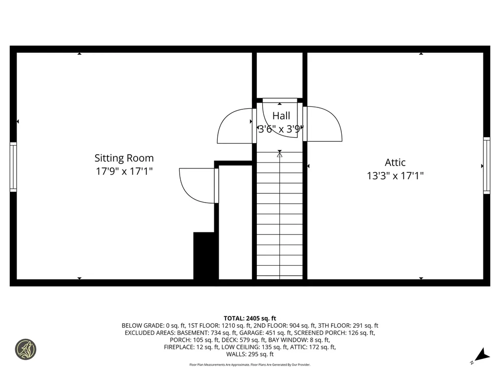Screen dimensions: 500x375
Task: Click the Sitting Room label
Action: point(124,158)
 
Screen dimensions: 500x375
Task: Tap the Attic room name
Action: point(395,162)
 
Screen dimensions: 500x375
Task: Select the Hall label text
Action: point(281,115)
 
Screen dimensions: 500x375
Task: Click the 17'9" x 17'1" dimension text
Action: point(124,171)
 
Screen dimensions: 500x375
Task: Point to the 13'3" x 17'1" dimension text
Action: point(395,176)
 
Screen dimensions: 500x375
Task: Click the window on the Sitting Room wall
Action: point(13,167)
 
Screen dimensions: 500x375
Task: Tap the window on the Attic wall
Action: point(487,165)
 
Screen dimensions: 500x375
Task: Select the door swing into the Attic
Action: point(322,124)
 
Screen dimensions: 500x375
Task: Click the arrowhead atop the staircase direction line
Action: point(280,155)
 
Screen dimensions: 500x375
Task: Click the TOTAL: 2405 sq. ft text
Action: point(250,318)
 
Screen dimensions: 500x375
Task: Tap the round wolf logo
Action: point(26,349)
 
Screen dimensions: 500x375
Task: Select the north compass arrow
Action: point(481,355)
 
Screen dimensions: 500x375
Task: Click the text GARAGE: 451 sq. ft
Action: point(265,333)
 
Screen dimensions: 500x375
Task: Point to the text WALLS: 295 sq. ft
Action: point(250,354)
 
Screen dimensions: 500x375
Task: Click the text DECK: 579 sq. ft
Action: point(244,340)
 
